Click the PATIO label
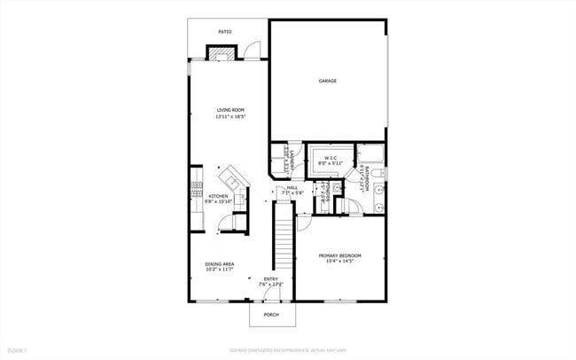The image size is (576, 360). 226,32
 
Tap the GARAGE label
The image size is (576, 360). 327,81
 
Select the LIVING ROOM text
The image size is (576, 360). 230,110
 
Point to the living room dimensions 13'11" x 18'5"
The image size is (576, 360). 230,117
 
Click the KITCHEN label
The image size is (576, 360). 218,196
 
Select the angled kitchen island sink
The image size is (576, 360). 235,175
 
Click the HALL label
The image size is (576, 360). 292,187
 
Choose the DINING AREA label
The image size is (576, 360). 220,263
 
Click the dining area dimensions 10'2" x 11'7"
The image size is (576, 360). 220,270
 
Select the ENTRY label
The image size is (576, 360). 271,278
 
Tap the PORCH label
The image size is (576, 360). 271,313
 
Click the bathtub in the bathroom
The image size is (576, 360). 370,157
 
